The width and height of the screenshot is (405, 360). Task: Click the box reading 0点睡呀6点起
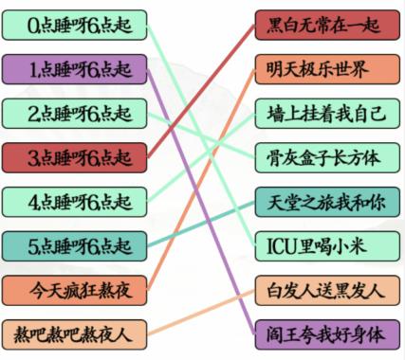pos(75,25)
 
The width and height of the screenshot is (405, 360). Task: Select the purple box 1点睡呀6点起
pos(75,69)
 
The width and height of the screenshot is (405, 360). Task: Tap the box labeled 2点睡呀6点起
pos(75,113)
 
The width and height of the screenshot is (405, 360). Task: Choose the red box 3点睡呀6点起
pos(75,156)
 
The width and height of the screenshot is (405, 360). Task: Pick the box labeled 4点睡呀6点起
pos(75,201)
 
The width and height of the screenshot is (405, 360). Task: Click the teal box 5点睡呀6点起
pos(75,245)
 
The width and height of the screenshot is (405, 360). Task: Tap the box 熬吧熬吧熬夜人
pos(75,333)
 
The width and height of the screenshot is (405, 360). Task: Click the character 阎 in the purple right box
pos(278,333)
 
